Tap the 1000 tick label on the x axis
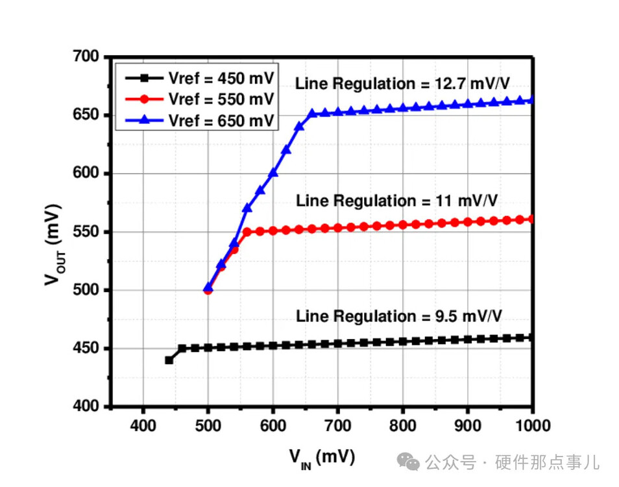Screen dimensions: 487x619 point(532,426)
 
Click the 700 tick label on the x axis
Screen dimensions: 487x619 point(337,426)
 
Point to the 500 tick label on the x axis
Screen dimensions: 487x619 point(208,426)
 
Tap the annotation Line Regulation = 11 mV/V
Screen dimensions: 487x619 point(396,200)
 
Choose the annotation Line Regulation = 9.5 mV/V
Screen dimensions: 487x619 point(399,316)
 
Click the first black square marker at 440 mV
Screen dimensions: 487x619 point(169,360)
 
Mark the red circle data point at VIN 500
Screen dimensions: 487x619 point(208,290)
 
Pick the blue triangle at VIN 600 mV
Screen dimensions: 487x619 point(273,173)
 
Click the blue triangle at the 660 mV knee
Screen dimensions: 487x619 point(312,113)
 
